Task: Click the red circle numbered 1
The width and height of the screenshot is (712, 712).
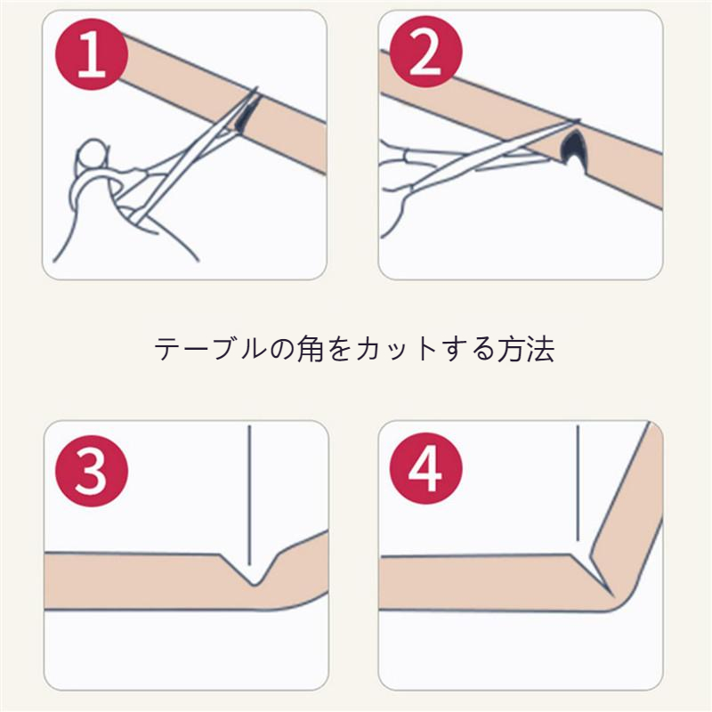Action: (x=92, y=54)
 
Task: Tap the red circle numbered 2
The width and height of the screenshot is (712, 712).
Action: (x=425, y=52)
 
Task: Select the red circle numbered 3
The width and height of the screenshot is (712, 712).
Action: (x=92, y=471)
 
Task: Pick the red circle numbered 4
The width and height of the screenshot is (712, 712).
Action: (x=425, y=468)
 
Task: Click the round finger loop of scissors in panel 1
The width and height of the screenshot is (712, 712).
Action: (x=93, y=153)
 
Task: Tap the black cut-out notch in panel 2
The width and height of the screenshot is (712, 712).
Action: (x=571, y=147)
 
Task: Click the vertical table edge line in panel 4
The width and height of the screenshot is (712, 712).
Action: (x=578, y=483)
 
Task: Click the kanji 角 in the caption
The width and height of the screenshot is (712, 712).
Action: (x=310, y=349)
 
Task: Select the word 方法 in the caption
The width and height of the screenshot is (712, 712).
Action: (x=526, y=349)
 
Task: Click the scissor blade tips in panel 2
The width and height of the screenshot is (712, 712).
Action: (x=573, y=121)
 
